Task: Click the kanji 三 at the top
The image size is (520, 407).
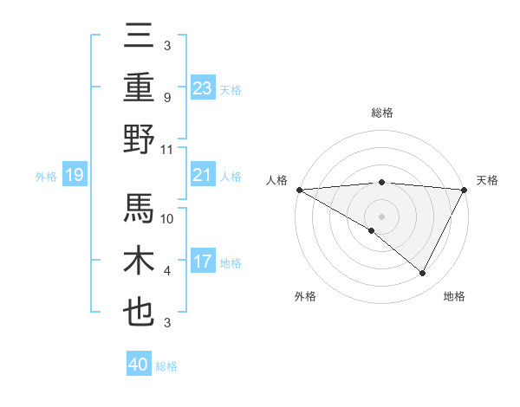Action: click(140, 36)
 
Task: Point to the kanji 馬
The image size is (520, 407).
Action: click(140, 209)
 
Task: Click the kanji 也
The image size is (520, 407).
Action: click(140, 313)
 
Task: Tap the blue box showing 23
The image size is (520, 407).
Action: click(203, 87)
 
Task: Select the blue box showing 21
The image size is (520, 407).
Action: click(203, 175)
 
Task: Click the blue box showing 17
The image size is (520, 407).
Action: click(203, 262)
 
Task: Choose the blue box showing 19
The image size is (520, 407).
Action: click(74, 176)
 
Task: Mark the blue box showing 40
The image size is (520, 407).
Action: click(138, 365)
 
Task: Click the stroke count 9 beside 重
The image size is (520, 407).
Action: click(166, 98)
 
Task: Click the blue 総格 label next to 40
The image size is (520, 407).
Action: click(166, 366)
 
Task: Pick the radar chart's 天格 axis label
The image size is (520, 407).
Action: click(488, 180)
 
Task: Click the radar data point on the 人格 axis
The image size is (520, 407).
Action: click(299, 190)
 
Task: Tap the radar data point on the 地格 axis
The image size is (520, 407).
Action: click(423, 274)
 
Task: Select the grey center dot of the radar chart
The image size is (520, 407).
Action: click(381, 215)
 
